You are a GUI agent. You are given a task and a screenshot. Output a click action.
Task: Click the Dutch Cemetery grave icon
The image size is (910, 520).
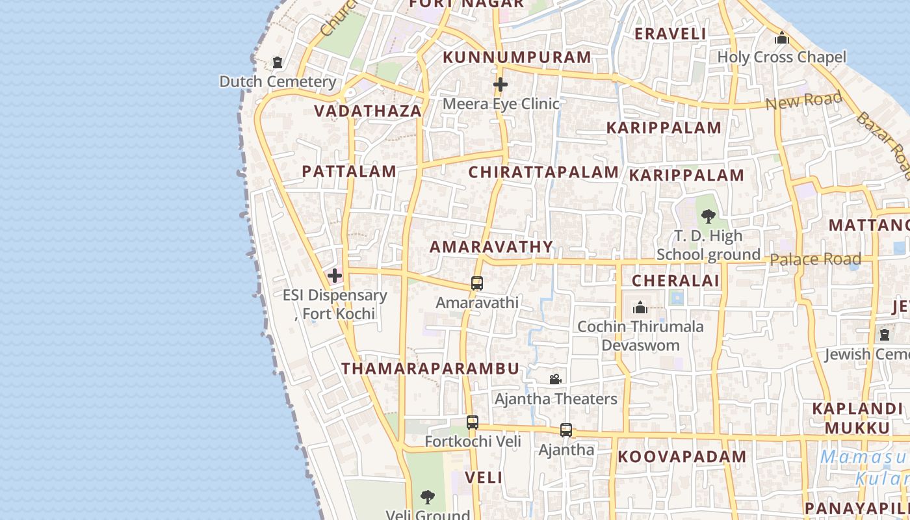click(278, 63)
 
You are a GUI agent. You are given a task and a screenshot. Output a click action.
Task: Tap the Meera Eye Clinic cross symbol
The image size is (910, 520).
click(500, 84)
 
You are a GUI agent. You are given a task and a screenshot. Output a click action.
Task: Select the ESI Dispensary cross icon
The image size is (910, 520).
click(335, 276)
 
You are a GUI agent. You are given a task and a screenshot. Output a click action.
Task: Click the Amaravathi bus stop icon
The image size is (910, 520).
click(477, 283)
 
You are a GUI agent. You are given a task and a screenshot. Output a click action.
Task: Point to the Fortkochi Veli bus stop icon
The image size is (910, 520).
click(473, 422)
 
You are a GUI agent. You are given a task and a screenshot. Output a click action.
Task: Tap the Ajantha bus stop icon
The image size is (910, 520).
click(566, 430)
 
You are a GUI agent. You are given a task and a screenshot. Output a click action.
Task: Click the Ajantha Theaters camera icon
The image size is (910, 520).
click(555, 379)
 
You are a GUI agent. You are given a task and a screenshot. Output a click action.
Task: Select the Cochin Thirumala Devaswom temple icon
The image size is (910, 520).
click(640, 307)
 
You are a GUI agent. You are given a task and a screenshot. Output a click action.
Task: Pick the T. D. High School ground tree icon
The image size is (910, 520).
click(708, 216)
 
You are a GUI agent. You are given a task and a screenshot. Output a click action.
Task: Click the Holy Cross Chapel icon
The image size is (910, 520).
click(782, 38)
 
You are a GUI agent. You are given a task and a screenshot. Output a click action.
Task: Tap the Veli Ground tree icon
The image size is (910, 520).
click(427, 498)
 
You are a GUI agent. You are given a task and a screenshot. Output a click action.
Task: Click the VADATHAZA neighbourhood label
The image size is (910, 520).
click(369, 111)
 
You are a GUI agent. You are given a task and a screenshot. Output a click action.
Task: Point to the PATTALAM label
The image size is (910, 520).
click(349, 172)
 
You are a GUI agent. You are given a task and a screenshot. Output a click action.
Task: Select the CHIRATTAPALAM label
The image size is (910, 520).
click(543, 172)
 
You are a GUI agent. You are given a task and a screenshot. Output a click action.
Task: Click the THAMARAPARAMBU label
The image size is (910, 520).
click(430, 369)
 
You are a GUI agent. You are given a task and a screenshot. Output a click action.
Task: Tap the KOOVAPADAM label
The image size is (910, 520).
click(682, 457)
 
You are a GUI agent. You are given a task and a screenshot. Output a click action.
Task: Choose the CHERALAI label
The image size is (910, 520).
click(675, 281)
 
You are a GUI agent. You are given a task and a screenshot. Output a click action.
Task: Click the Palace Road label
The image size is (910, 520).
click(815, 259)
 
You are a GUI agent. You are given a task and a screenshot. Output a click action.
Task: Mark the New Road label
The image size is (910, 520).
click(803, 101)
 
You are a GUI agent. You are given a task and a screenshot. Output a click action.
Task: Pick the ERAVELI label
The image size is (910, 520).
click(669, 34)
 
